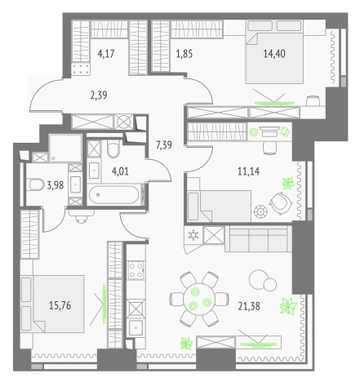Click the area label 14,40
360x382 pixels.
(x=274, y=54)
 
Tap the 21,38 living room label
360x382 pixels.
(x=249, y=306)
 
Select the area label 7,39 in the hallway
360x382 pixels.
(x=164, y=145)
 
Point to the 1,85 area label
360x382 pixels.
(x=184, y=54)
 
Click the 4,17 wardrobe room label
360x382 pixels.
(x=106, y=54)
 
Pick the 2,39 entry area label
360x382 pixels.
(x=99, y=95)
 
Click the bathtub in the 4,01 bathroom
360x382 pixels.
(x=114, y=194)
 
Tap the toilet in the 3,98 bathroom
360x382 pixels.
(x=37, y=185)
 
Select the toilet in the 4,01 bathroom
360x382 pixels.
(x=113, y=149)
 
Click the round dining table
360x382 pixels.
(x=199, y=299)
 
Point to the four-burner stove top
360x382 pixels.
(x=136, y=270)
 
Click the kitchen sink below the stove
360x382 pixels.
(x=136, y=327)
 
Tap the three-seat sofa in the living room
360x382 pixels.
(x=258, y=238)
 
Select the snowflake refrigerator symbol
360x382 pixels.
(x=193, y=235)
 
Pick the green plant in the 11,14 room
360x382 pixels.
(x=288, y=183)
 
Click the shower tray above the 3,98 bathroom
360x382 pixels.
(x=65, y=149)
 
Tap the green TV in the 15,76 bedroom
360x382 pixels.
(x=104, y=304)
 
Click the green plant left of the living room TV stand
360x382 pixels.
(x=187, y=343)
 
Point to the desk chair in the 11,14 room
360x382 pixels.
(x=270, y=149)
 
